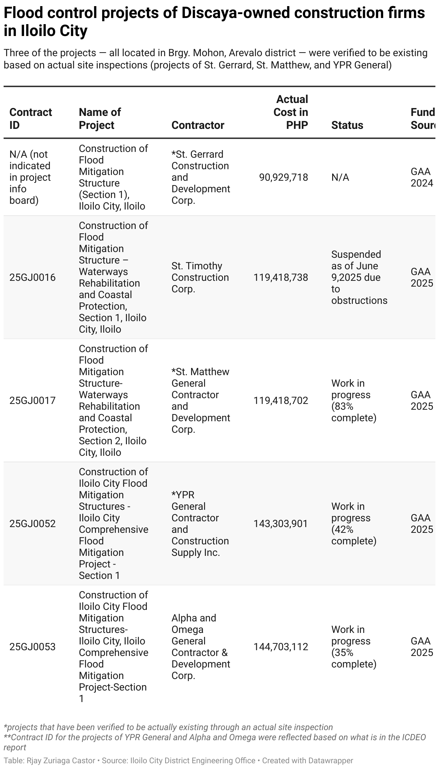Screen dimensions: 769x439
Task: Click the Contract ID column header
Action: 31,118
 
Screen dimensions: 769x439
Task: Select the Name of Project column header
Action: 100,118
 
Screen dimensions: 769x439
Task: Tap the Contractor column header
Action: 198,125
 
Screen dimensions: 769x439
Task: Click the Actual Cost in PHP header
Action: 291,112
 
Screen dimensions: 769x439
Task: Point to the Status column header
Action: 347,125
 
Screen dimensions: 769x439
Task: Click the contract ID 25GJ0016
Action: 32,277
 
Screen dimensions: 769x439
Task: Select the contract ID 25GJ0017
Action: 32,400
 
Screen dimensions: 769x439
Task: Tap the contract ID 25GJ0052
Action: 32,523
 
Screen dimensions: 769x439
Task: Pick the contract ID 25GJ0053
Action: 32,647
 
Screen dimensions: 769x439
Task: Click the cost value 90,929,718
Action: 284,177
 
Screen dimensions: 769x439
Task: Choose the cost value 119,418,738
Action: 281,277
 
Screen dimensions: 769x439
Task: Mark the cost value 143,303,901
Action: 281,523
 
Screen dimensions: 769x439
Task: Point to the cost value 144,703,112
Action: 281,647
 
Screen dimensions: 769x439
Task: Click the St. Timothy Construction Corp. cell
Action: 200,277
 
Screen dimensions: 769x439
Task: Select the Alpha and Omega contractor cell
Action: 200,647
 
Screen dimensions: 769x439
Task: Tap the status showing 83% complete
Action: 354,400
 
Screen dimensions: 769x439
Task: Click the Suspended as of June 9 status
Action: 359,277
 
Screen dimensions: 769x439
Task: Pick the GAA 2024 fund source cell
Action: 422,177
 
